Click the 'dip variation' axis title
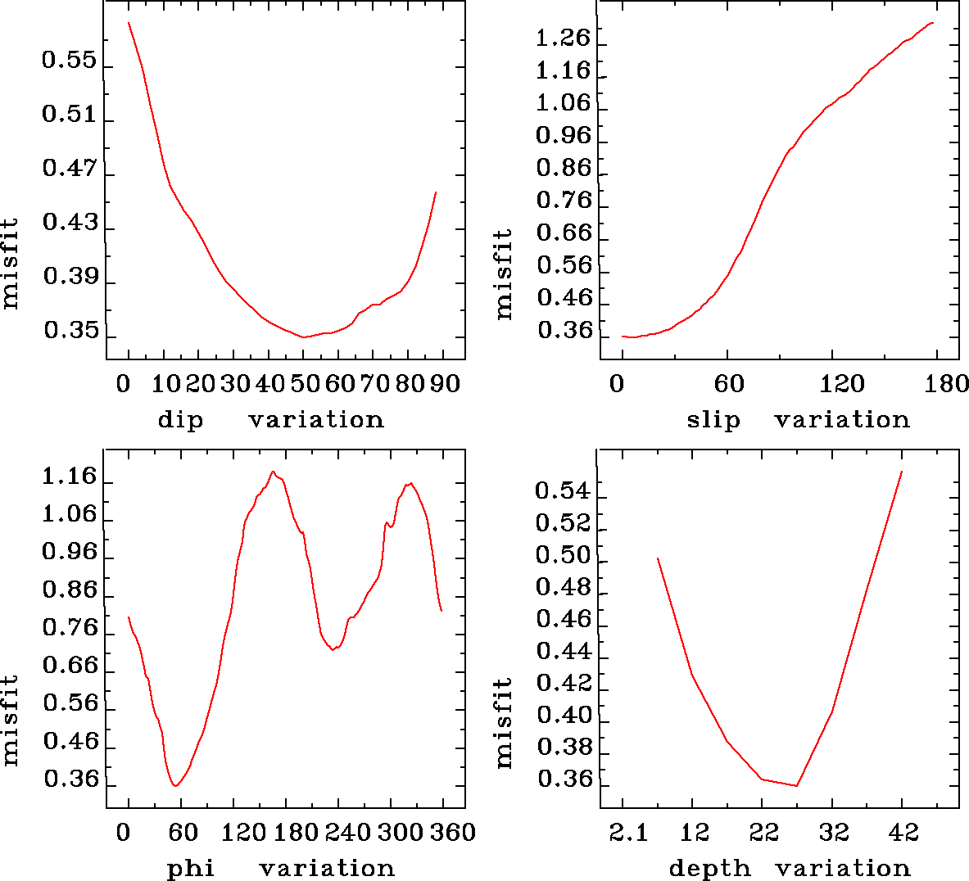click(270, 420)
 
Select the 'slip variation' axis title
click(798, 420)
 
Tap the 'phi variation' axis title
click(280, 868)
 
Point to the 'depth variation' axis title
click(789, 868)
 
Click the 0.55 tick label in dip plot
click(70, 61)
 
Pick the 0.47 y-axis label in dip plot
click(70, 169)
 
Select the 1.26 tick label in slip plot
click(563, 38)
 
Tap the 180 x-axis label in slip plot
click(947, 384)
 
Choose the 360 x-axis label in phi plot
click(452, 833)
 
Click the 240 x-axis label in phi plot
click(346, 833)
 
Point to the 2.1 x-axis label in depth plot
click(627, 833)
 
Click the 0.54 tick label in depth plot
click(563, 490)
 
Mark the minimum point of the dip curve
click(304, 337)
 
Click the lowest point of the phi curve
click(175, 786)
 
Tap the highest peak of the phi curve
click(273, 472)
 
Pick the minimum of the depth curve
click(796, 786)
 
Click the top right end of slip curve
click(933, 23)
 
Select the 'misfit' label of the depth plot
click(504, 723)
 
